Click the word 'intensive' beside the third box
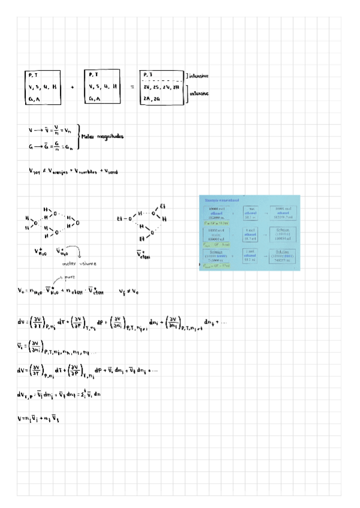click(199, 76)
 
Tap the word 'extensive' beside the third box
click(199, 94)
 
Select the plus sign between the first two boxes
click(72, 87)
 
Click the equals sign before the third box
click(132, 87)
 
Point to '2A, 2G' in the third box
click(152, 99)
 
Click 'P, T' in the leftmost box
click(33, 75)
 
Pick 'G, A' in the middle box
click(94, 99)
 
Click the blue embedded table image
click(249, 232)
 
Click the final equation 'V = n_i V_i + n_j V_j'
click(40, 419)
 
